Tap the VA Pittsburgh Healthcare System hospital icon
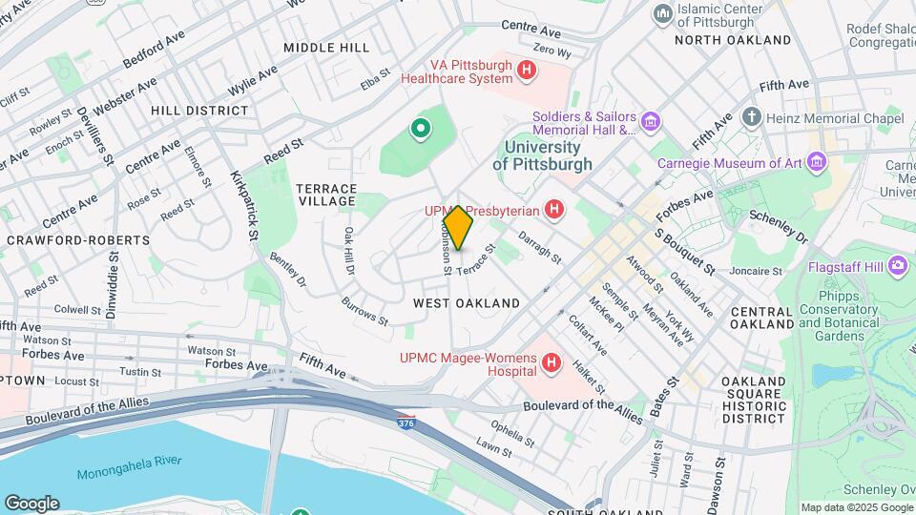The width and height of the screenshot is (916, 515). pyautogui.click(x=525, y=70)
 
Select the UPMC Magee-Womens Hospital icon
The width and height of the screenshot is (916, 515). pyautogui.click(x=551, y=362)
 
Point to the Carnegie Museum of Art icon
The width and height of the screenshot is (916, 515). pyautogui.click(x=816, y=163)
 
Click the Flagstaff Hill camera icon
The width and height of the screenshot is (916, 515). pyautogui.click(x=897, y=265)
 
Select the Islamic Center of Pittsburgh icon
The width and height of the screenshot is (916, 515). pyautogui.click(x=662, y=13)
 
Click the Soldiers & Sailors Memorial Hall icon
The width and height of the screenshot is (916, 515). pyautogui.click(x=651, y=121)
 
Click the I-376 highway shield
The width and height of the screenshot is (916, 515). pyautogui.click(x=406, y=417)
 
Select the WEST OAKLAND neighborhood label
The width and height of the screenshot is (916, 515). pyautogui.click(x=467, y=303)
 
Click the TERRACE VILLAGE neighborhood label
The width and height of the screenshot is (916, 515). pyautogui.click(x=326, y=196)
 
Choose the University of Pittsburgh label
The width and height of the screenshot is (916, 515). pyautogui.click(x=542, y=155)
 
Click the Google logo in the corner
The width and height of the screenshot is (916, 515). pyautogui.click(x=31, y=503)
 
